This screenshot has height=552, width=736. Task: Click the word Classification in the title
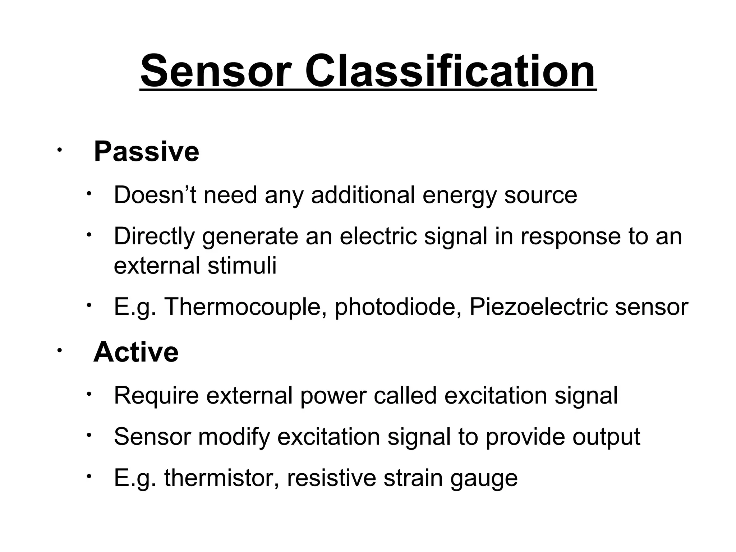coord(450,71)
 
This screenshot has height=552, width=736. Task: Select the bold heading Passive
coord(146,152)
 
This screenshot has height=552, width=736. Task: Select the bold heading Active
coord(136,352)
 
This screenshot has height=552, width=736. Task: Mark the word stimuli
coord(242,266)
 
